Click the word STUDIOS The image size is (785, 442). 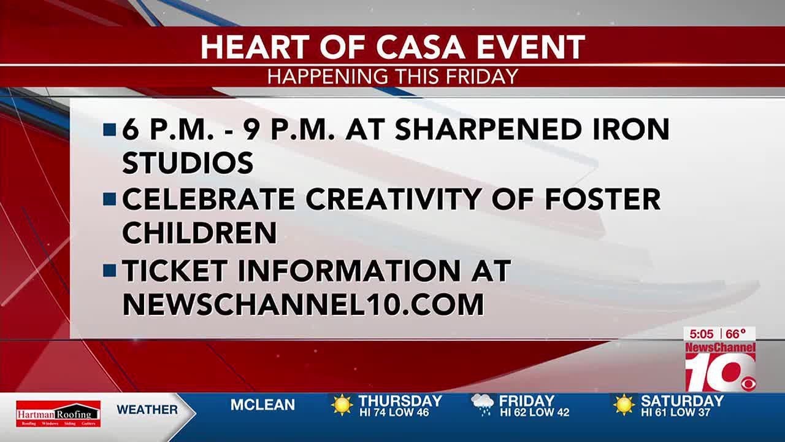pos(188,163)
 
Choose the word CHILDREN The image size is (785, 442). pos(199,233)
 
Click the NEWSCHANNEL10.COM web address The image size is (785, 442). pos(303,304)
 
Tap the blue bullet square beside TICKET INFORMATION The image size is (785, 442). pos(110,271)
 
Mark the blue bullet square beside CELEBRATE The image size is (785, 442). pos(110,200)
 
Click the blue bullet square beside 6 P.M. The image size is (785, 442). pos(110,130)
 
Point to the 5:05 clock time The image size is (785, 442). pos(702,334)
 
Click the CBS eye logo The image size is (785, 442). pos(748,384)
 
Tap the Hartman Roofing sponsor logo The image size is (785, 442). pos(58,413)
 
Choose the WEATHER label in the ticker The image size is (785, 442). pos(147,409)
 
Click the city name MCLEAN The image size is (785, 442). pos(262,405)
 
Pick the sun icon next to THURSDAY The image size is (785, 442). pos(342,405)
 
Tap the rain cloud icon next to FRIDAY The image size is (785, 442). pos(482,405)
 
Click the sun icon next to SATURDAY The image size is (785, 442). pos(624,405)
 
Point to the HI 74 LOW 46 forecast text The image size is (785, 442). pos(394,413)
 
